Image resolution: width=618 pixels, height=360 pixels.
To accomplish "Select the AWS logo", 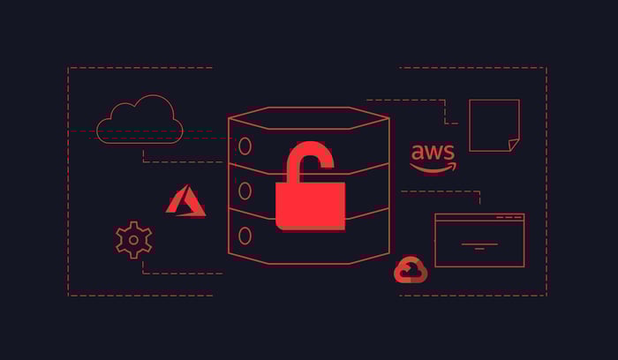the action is pos(433,158).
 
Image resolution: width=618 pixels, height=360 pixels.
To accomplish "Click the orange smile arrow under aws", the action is pos(433,169).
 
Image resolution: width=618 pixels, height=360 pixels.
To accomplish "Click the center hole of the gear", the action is pos(133,240).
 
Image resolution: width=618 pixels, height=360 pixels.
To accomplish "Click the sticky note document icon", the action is pos(494,125).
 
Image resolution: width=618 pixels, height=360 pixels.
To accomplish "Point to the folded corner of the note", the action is pos(513,145).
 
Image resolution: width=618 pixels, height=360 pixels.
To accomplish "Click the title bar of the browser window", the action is pos(479,217).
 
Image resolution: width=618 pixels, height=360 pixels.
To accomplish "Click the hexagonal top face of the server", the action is pos(309,118).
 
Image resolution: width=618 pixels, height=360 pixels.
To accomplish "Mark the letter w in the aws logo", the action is pos(432,153).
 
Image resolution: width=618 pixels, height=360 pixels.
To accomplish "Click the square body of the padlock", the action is pos(310,206).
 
